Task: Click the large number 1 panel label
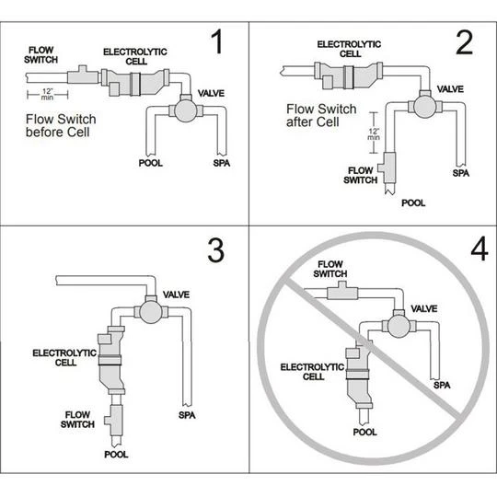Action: click(218, 43)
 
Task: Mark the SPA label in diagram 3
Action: click(187, 414)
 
